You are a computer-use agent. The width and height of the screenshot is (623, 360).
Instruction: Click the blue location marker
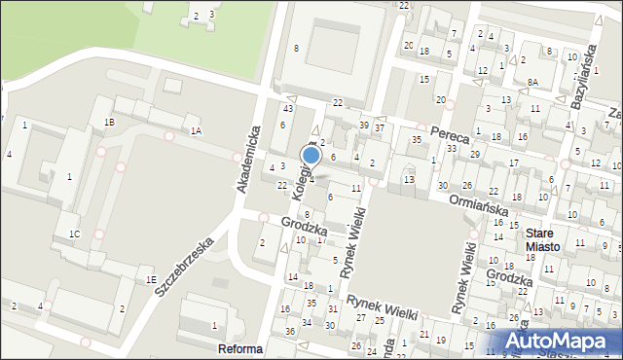(x=311, y=155)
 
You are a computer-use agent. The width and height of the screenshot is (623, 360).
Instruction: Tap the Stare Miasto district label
(x=542, y=240)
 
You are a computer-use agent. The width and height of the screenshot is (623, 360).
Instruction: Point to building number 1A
(x=196, y=130)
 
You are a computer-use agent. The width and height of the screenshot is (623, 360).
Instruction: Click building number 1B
(x=109, y=122)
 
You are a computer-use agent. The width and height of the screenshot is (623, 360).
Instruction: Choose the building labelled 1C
(x=74, y=234)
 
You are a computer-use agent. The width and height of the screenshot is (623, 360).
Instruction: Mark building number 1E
(x=151, y=279)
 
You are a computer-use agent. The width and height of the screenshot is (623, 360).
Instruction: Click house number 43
(x=288, y=108)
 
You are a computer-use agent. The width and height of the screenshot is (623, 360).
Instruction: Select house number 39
(x=364, y=126)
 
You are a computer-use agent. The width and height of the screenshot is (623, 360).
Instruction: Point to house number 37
(x=380, y=127)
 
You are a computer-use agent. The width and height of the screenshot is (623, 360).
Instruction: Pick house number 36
(x=289, y=331)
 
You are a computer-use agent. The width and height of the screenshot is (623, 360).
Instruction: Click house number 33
(x=451, y=149)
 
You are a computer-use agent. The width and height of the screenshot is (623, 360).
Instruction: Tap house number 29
(x=474, y=155)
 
